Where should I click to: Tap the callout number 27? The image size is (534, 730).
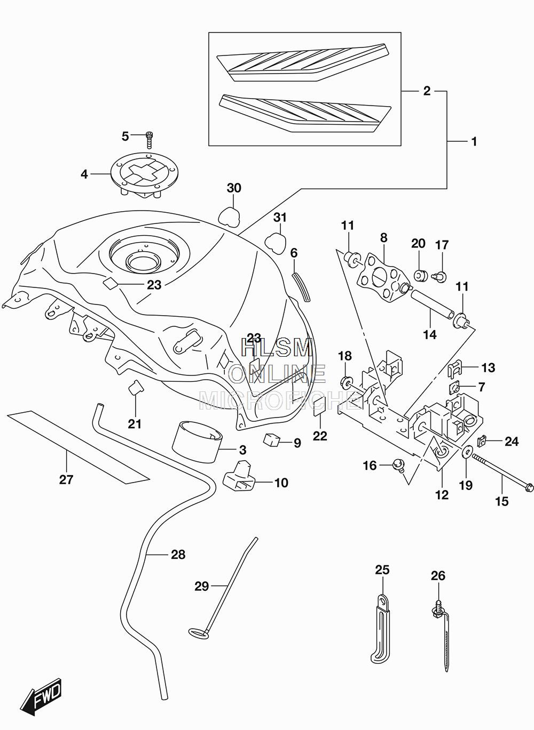click(66, 479)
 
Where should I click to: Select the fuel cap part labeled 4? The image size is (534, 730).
click(145, 175)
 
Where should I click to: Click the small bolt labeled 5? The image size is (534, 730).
click(150, 139)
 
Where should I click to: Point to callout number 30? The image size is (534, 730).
click(234, 188)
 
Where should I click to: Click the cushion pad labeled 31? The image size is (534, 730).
click(275, 243)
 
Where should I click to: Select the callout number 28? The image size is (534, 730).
click(178, 555)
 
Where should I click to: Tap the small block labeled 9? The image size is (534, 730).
click(272, 439)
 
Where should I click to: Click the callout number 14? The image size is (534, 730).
click(429, 334)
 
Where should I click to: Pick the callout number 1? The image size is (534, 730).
click(474, 141)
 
